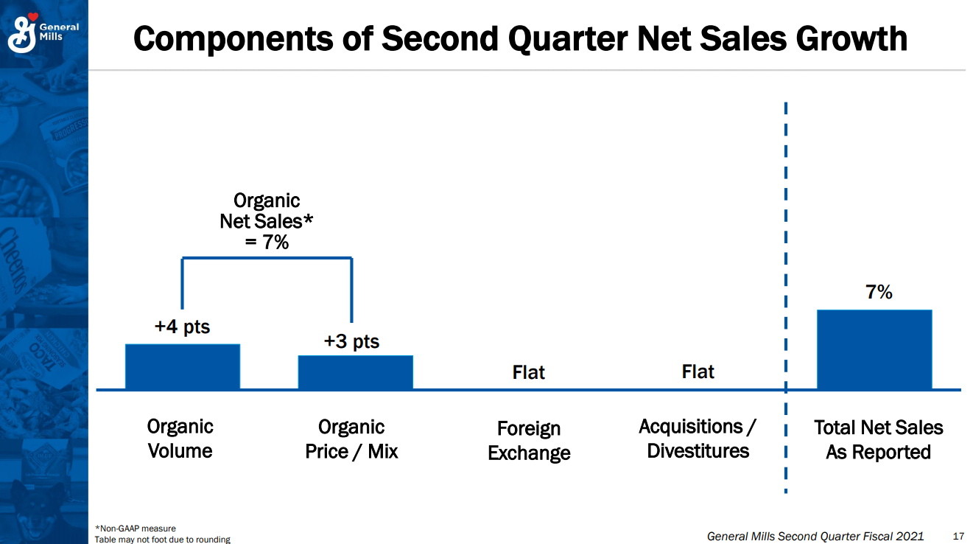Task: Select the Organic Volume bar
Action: (182, 366)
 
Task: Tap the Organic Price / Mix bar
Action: (355, 372)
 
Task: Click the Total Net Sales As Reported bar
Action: (874, 349)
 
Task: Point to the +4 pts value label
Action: (182, 327)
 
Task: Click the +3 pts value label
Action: (351, 341)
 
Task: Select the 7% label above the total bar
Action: (879, 293)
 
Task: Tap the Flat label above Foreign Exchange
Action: (528, 372)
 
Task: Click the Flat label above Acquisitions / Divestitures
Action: (698, 372)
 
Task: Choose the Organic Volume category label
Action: (180, 439)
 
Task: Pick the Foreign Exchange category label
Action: (529, 440)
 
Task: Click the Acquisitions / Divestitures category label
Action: (698, 439)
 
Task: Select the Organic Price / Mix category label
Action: (351, 439)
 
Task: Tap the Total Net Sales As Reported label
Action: (878, 439)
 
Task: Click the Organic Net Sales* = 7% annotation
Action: (267, 220)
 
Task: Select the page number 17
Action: (958, 536)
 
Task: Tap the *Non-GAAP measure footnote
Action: (136, 528)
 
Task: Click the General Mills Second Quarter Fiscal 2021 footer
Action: (815, 536)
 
